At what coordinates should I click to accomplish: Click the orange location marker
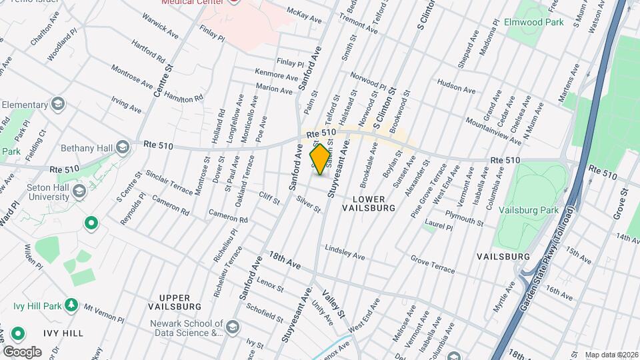tap(321, 159)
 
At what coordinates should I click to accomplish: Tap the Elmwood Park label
tap(535, 22)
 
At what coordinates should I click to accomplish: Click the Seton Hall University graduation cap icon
tap(79, 192)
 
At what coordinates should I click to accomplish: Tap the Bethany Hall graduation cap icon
tap(122, 147)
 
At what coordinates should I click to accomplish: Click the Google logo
tap(22, 351)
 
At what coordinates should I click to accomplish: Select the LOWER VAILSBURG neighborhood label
tap(369, 203)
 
